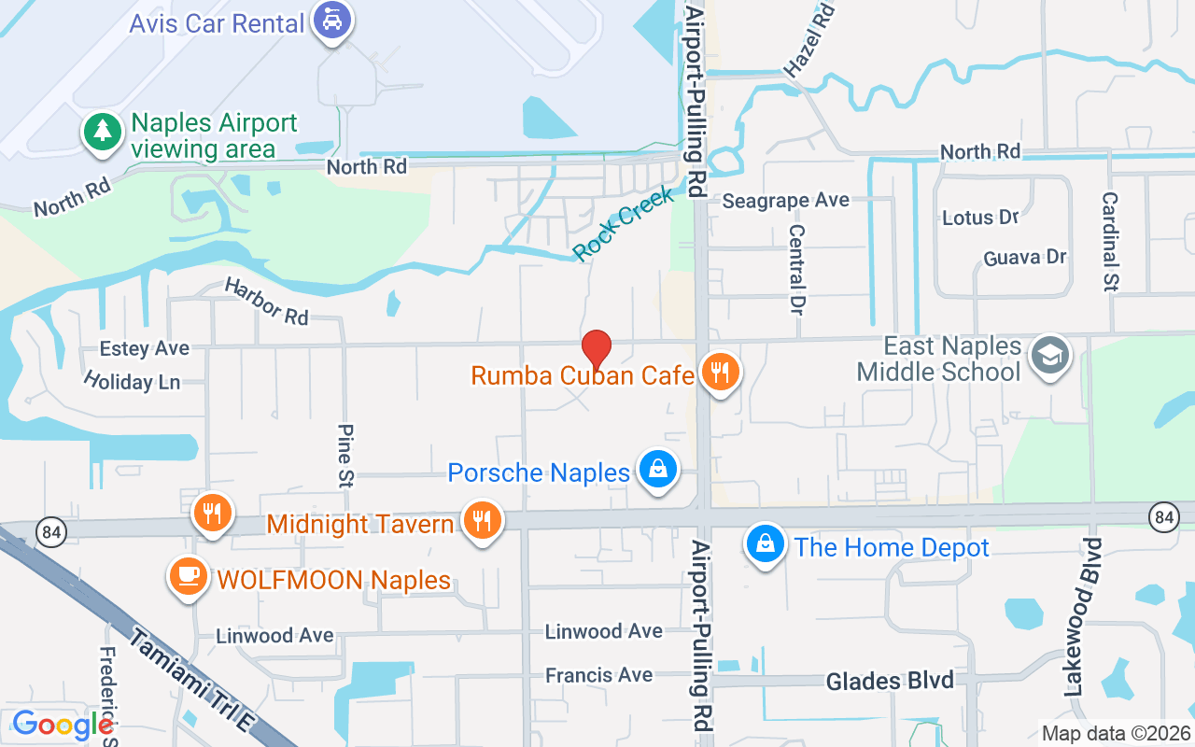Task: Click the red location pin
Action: [x=597, y=350]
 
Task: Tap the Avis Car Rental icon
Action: [x=331, y=21]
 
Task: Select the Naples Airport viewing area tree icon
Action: [x=102, y=133]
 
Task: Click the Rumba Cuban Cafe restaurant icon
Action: [x=719, y=373]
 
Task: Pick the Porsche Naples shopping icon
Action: [x=658, y=471]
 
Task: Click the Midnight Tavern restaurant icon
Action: [x=482, y=522]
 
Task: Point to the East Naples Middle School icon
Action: [x=1050, y=357]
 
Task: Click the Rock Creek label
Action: [x=623, y=224]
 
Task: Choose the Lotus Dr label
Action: [x=980, y=218]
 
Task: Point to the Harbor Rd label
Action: [x=267, y=303]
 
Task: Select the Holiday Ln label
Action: [x=132, y=381]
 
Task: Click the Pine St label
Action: [x=345, y=454]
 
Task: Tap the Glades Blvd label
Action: [x=890, y=681]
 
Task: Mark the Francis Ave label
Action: [x=598, y=674]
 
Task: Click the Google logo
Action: [x=62, y=725]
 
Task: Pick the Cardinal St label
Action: [x=1110, y=241]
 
